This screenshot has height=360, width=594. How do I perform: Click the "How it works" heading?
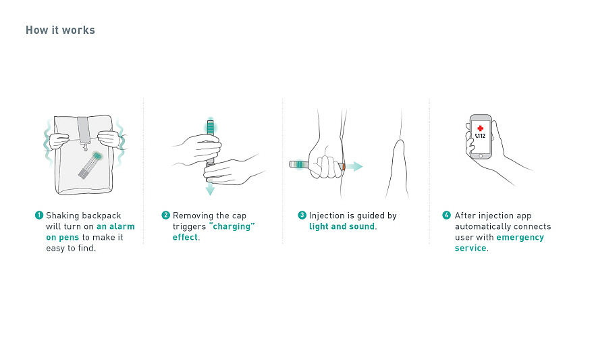click(x=60, y=30)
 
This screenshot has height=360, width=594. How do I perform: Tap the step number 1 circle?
click(x=39, y=215)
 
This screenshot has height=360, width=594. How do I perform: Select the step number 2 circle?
click(x=165, y=215)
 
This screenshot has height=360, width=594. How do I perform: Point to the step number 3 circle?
click(x=302, y=215)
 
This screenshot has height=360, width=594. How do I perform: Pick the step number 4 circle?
click(x=447, y=215)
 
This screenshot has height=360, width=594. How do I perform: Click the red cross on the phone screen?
click(x=481, y=128)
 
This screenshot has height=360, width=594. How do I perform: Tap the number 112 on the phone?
click(x=481, y=136)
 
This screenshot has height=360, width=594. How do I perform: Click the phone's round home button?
click(x=481, y=155)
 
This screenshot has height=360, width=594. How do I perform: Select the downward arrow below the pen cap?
click(x=210, y=188)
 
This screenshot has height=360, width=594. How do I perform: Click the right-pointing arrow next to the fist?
click(x=354, y=166)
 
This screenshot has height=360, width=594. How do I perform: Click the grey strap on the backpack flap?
click(x=83, y=130)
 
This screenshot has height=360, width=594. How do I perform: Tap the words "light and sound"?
click(x=342, y=226)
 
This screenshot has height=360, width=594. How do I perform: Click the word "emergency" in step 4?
click(x=520, y=237)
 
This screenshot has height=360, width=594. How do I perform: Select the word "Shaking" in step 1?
click(x=63, y=215)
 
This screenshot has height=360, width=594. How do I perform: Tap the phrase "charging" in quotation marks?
click(x=232, y=226)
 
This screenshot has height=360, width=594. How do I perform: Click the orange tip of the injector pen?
click(x=344, y=166)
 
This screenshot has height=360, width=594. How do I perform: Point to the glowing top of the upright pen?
click(x=210, y=126)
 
